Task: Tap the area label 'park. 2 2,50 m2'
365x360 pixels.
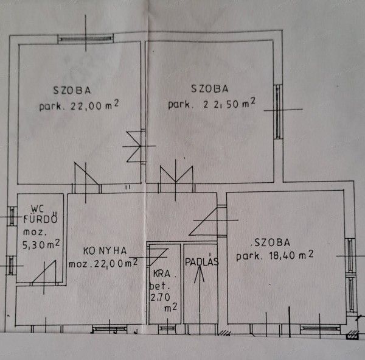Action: point(212,104)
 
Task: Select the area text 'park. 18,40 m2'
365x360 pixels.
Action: point(276,255)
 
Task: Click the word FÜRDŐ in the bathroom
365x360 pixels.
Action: point(41,220)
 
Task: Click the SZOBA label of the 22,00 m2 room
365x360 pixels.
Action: point(72,90)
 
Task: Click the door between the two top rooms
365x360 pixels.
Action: point(136,146)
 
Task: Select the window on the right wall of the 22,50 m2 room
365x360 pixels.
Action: point(278,111)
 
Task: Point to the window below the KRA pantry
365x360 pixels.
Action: point(166,328)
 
